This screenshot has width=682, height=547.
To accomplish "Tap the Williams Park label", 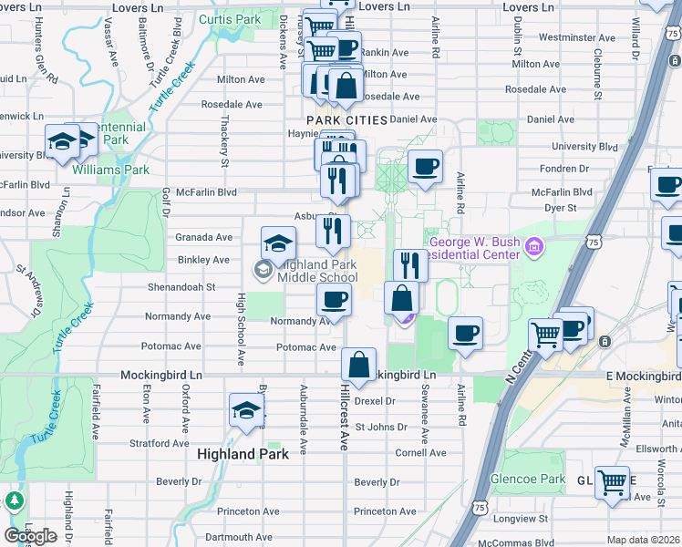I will click(110, 170).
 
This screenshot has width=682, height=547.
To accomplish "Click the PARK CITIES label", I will click(346, 120).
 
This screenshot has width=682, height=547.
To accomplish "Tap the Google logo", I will click(30, 536).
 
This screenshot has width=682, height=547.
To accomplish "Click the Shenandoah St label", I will click(183, 286).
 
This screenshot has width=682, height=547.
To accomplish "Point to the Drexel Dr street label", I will click(376, 400).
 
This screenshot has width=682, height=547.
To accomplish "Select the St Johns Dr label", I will click(380, 427).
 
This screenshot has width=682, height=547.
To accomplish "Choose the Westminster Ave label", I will click(574, 37).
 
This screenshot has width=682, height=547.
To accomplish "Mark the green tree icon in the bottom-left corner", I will click(14, 501).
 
